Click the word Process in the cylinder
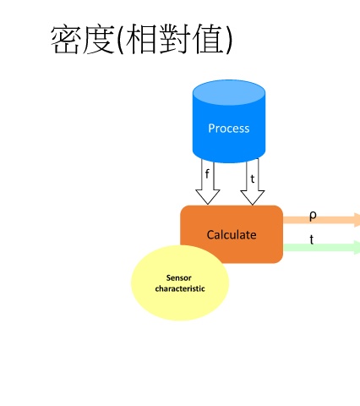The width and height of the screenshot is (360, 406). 229,129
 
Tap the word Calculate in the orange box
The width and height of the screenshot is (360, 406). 232,235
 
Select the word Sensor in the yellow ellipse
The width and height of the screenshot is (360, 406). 179,278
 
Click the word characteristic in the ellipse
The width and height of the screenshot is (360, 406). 180,288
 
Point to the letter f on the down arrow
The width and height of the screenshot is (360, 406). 207,173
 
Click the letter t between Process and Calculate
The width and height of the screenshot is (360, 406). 253,178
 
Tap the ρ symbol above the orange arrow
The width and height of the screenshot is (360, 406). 313,216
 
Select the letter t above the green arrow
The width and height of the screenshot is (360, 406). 312,239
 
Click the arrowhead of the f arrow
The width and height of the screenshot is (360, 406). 208,197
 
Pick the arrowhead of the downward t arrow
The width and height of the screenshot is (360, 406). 253,197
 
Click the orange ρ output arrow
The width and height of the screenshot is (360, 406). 321,220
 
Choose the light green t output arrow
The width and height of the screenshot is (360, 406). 321,247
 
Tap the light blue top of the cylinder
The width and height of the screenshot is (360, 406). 229,92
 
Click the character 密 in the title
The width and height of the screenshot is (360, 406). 65,39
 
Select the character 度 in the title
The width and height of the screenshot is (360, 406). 98,39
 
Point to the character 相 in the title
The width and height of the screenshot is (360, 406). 141,39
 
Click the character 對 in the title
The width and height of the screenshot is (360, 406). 174,39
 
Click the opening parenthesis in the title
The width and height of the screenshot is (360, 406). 120,40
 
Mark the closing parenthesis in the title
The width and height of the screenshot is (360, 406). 229,40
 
